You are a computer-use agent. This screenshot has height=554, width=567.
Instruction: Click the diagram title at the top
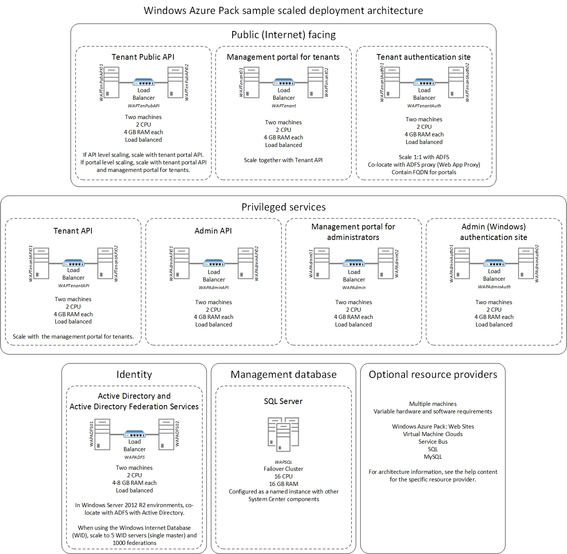[283, 11]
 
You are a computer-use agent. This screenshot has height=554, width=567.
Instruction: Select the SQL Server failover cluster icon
[283, 434]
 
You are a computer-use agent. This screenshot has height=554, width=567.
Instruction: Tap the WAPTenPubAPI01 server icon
[111, 82]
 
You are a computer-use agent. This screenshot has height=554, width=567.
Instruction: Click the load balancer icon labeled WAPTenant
[284, 82]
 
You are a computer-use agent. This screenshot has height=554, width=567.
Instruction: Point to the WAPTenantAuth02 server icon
[456, 82]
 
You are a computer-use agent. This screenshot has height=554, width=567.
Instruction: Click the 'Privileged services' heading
[283, 207]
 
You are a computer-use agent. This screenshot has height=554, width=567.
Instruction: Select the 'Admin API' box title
[213, 231]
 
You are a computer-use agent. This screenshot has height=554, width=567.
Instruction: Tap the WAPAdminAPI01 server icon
[181, 263]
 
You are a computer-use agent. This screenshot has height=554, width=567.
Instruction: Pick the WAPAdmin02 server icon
[386, 263]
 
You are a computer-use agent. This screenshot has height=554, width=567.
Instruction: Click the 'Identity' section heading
[134, 374]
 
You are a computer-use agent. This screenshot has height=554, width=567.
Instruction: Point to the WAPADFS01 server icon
[102, 434]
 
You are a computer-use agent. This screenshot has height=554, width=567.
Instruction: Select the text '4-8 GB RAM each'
[134, 483]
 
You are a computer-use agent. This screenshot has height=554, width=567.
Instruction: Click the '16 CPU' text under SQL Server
[283, 477]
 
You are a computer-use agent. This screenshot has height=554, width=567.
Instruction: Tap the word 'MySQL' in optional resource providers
[433, 457]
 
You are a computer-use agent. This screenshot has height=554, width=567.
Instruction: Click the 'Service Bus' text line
[433, 442]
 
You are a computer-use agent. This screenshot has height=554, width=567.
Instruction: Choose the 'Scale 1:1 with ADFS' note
[424, 157]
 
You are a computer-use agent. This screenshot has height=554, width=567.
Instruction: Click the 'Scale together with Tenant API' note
[283, 160]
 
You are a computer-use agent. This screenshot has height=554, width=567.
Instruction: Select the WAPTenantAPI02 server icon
[105, 263]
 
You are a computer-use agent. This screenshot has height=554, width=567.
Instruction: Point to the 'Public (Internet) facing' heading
[283, 35]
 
